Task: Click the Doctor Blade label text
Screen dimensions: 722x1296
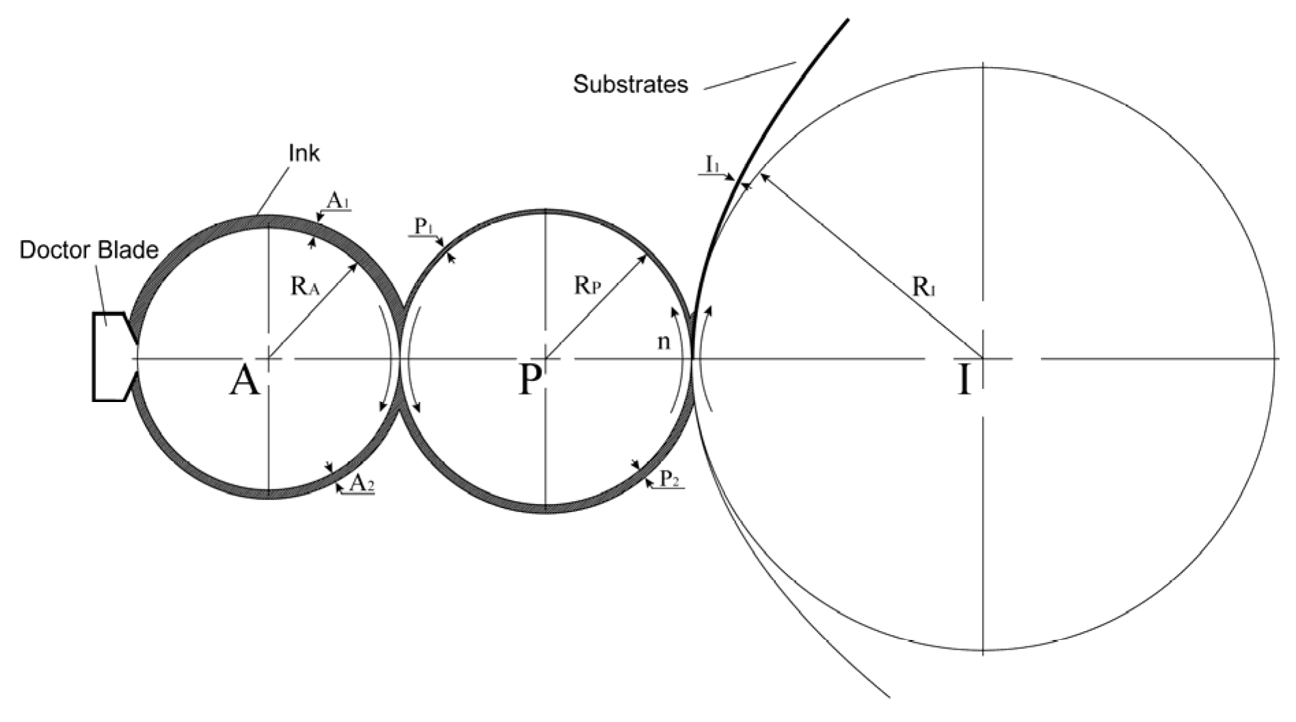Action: coord(89,250)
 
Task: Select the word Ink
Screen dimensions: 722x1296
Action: coord(304,153)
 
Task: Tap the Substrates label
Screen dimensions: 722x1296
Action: coord(630,84)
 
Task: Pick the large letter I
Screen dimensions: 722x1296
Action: coord(964,381)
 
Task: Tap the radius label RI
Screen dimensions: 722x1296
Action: coord(924,287)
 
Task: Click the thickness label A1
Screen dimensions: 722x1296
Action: coord(337,200)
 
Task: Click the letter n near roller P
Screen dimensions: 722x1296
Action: coord(663,342)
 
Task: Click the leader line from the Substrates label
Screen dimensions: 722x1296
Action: coord(750,75)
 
